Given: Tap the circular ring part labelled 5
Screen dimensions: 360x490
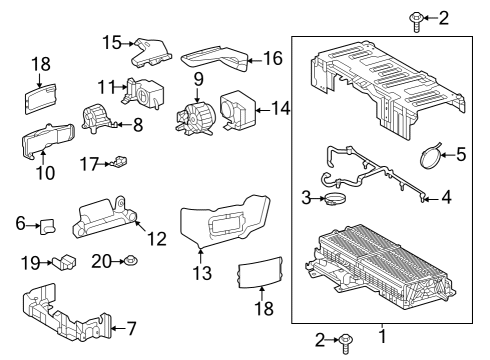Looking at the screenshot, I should [430, 156].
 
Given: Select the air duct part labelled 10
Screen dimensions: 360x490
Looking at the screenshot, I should [45, 140].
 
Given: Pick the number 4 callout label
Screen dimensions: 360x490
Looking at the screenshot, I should [446, 197].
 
